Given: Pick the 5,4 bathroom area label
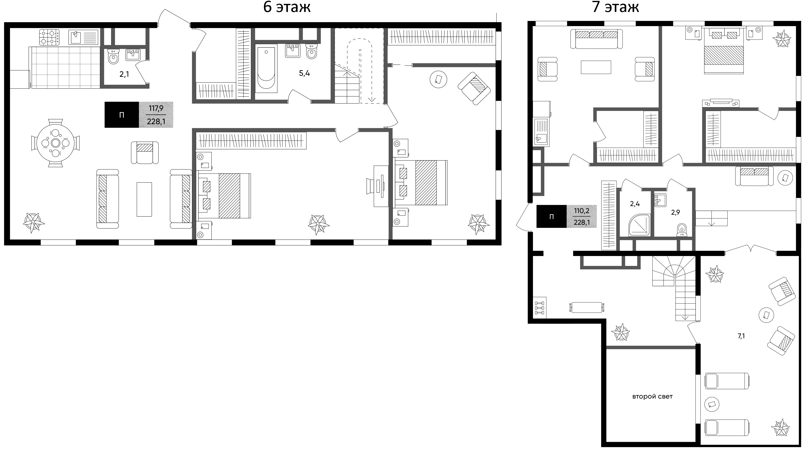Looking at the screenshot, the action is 304,73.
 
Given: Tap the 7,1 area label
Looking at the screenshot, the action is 741,336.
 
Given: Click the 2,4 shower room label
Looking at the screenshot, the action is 635,204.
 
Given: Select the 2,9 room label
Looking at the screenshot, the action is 676,213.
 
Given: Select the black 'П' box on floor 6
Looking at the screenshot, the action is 122,115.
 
